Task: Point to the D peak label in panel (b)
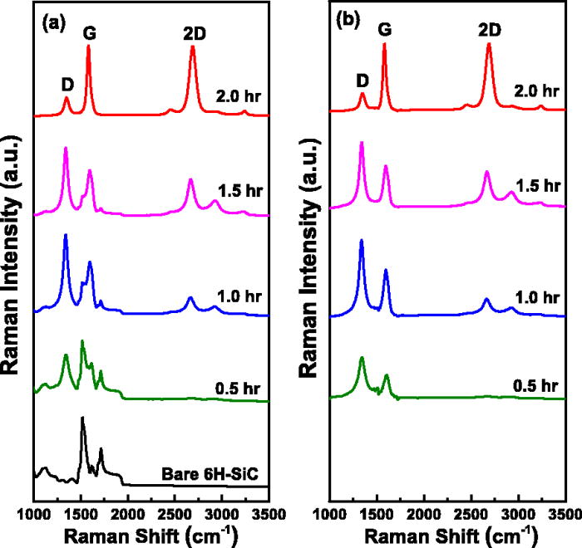click(x=362, y=81)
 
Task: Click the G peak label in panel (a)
click(x=89, y=32)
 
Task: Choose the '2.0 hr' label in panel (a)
click(x=237, y=96)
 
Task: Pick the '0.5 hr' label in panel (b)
click(x=534, y=386)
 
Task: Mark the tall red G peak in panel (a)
click(x=88, y=48)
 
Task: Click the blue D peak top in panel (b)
click(x=362, y=241)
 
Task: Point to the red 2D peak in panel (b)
click(x=489, y=45)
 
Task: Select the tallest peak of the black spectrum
click(x=82, y=418)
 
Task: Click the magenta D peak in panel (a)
click(x=66, y=149)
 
